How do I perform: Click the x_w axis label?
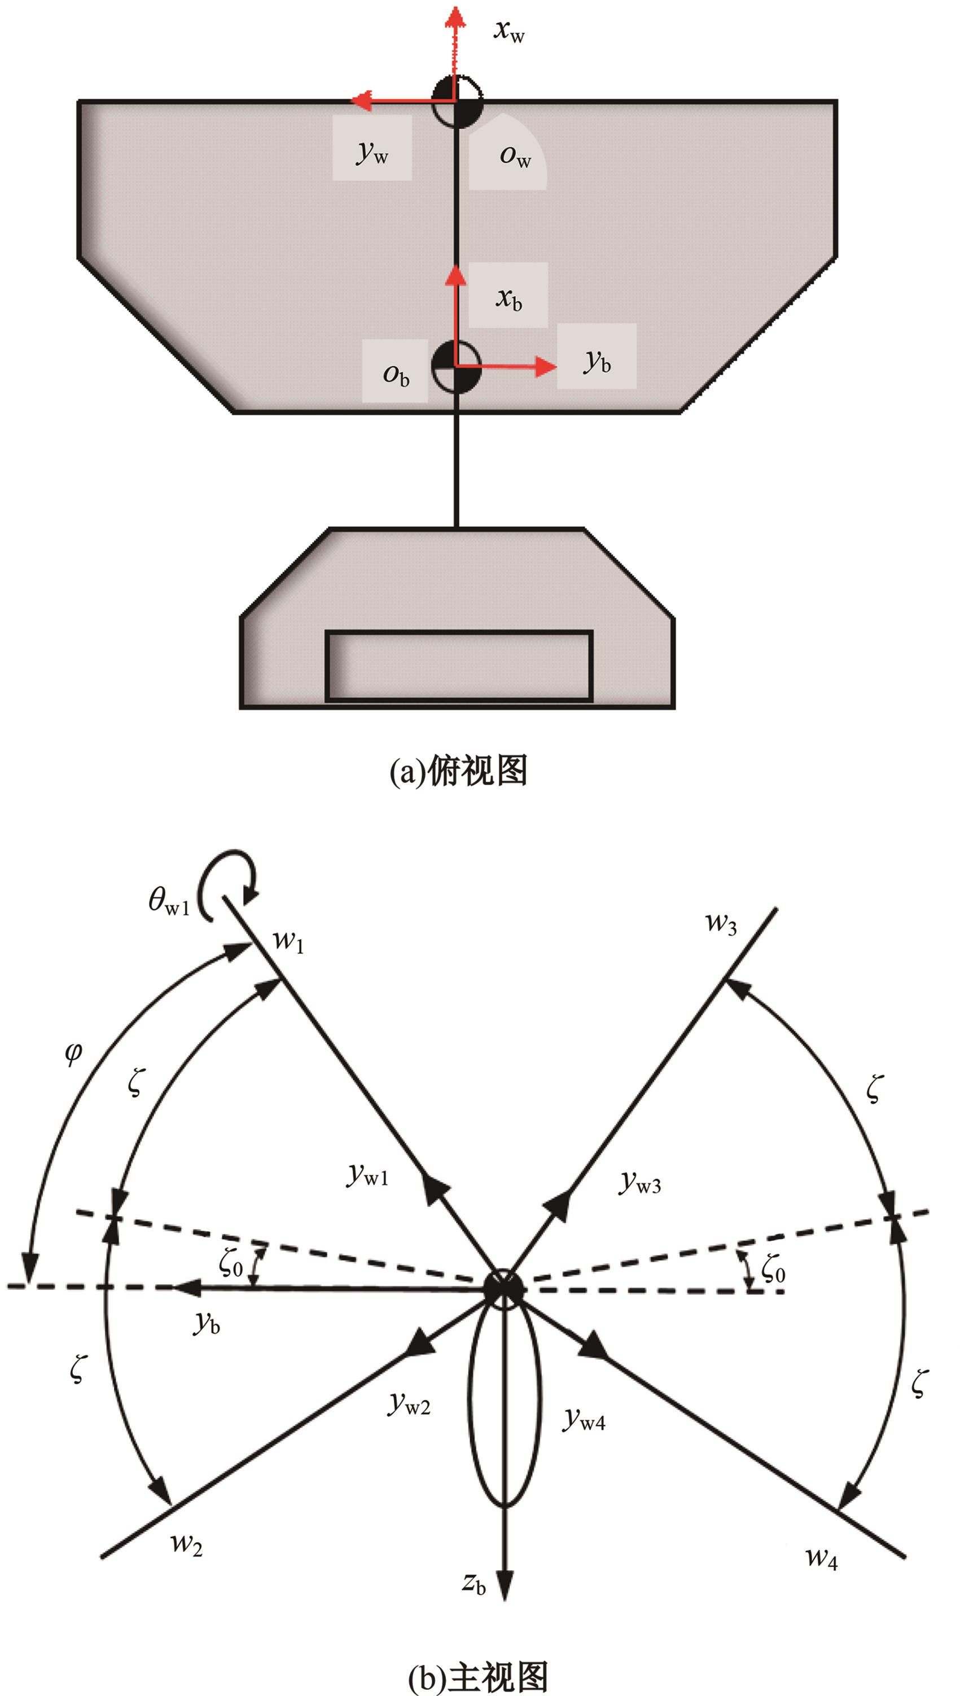click(x=509, y=30)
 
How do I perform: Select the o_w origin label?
click(x=515, y=155)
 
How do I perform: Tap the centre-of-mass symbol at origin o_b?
click(x=456, y=367)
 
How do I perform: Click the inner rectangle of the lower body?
click(x=459, y=666)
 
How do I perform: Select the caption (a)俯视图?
click(x=459, y=770)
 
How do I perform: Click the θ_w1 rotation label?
click(x=169, y=901)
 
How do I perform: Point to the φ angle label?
click(x=74, y=1052)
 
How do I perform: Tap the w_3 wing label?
click(x=721, y=923)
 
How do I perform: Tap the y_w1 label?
click(x=368, y=1174)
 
